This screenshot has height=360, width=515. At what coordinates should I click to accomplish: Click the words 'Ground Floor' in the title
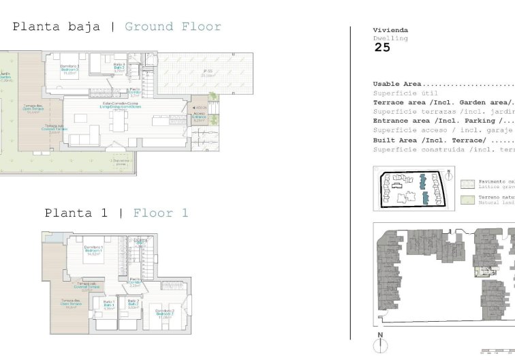point(173,27)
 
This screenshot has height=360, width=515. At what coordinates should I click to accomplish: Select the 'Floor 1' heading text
point(161,213)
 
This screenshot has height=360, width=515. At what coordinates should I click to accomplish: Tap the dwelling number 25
point(382,48)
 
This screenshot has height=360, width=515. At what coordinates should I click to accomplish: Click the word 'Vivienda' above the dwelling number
point(390,30)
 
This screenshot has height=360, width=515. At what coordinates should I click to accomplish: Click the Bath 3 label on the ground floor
point(119,67)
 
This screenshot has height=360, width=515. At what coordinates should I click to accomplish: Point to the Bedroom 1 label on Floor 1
point(93,249)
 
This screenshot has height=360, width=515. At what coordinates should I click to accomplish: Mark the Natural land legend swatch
point(467,200)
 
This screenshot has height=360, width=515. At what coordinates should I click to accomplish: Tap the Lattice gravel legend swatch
point(467,183)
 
